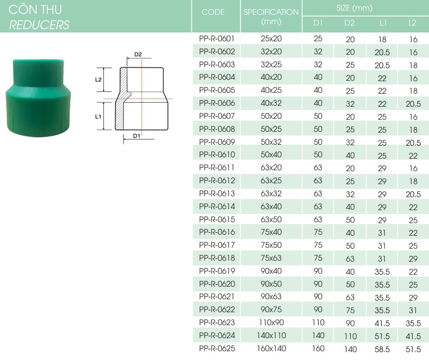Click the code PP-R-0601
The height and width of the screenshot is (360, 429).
(x=217, y=39)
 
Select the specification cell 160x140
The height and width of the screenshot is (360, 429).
(x=271, y=348)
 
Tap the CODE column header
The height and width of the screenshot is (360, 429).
(x=213, y=12)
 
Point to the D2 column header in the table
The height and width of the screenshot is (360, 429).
(x=349, y=23)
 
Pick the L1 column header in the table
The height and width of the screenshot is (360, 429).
(x=383, y=23)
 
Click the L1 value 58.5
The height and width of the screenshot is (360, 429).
(x=382, y=349)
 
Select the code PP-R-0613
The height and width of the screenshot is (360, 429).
(x=217, y=193)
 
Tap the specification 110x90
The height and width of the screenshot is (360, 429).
(x=271, y=322)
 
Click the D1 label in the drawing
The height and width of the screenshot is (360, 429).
(x=136, y=136)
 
